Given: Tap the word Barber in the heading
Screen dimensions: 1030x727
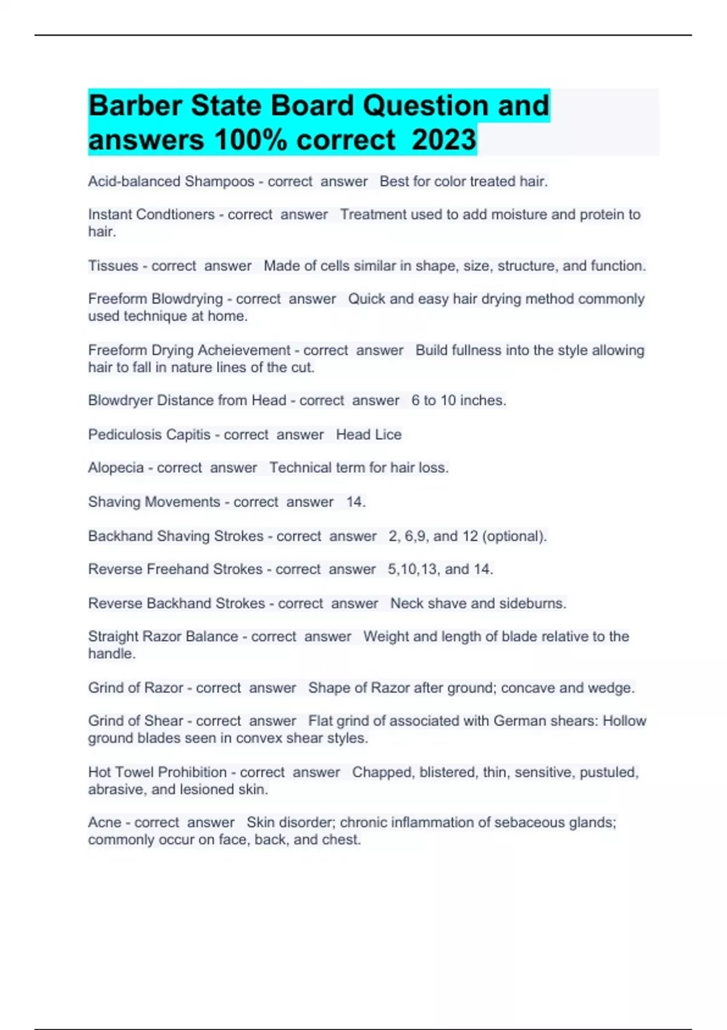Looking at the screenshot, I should point(135,105).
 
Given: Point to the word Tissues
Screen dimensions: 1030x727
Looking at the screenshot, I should point(113,265).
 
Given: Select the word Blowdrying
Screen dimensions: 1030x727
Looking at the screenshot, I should point(187,299).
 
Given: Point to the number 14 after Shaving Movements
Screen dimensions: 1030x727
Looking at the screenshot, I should point(354,502).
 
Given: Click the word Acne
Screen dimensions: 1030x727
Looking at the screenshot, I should point(104,822).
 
